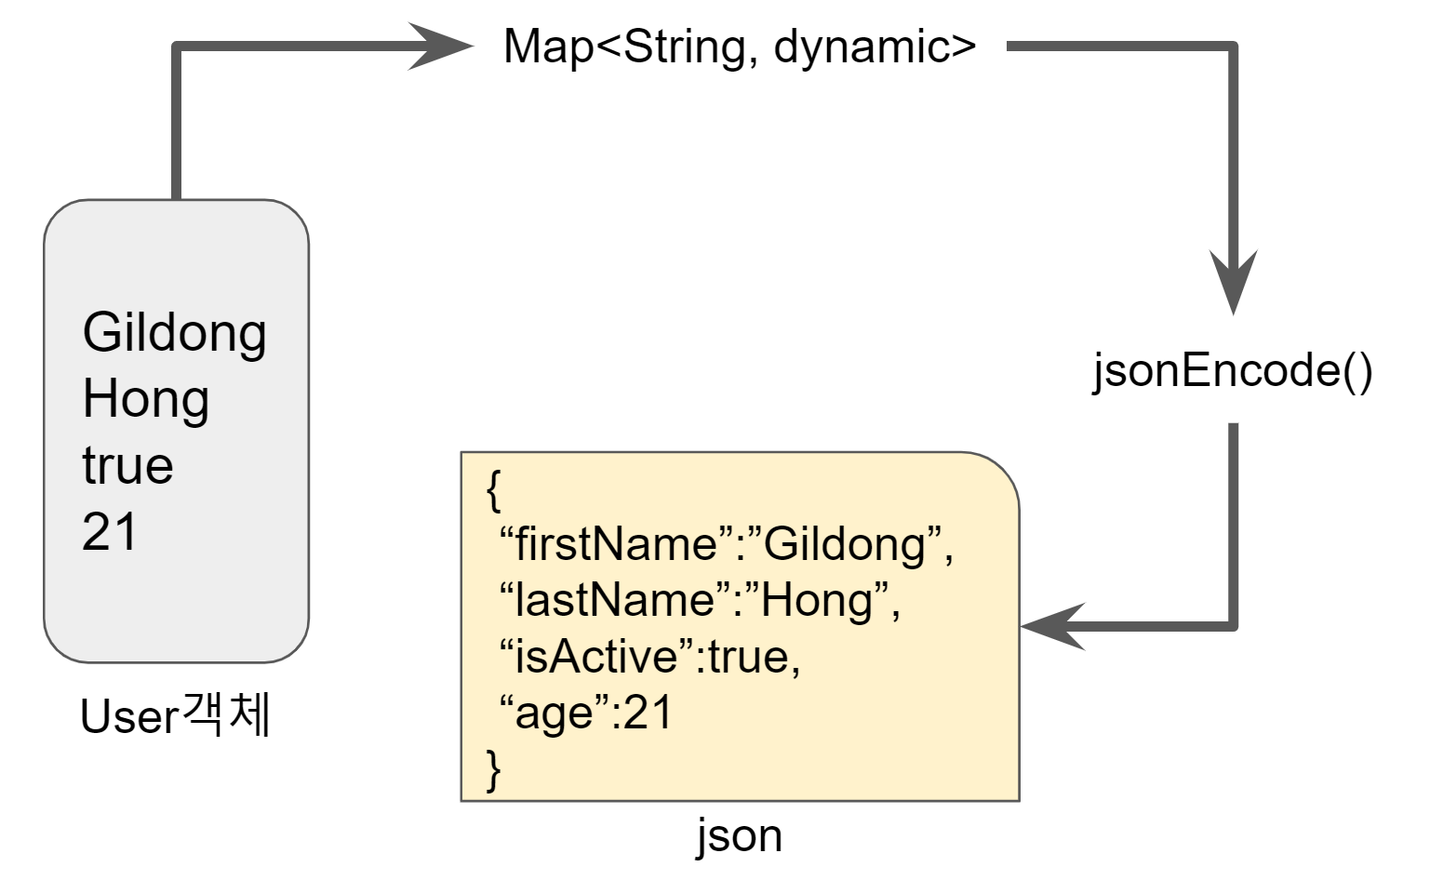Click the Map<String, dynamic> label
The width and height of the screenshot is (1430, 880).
[740, 47]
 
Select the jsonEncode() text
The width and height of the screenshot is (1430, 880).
[1232, 370]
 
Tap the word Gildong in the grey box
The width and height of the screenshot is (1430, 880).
[174, 333]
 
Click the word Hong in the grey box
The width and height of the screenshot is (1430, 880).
[145, 400]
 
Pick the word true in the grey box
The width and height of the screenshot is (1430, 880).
[127, 466]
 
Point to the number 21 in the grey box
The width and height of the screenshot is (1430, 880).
[110, 532]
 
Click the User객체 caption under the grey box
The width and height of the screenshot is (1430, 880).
[175, 716]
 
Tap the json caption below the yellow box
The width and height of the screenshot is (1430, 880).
[740, 834]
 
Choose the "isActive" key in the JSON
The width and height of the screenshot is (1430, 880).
[598, 657]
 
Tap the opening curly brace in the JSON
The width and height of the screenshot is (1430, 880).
[494, 489]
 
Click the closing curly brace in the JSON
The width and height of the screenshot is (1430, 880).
[494, 769]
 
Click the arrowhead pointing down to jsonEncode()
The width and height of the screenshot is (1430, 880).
[1233, 279]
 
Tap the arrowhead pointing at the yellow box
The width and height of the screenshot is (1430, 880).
[1053, 626]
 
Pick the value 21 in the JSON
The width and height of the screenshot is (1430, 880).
[648, 713]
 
